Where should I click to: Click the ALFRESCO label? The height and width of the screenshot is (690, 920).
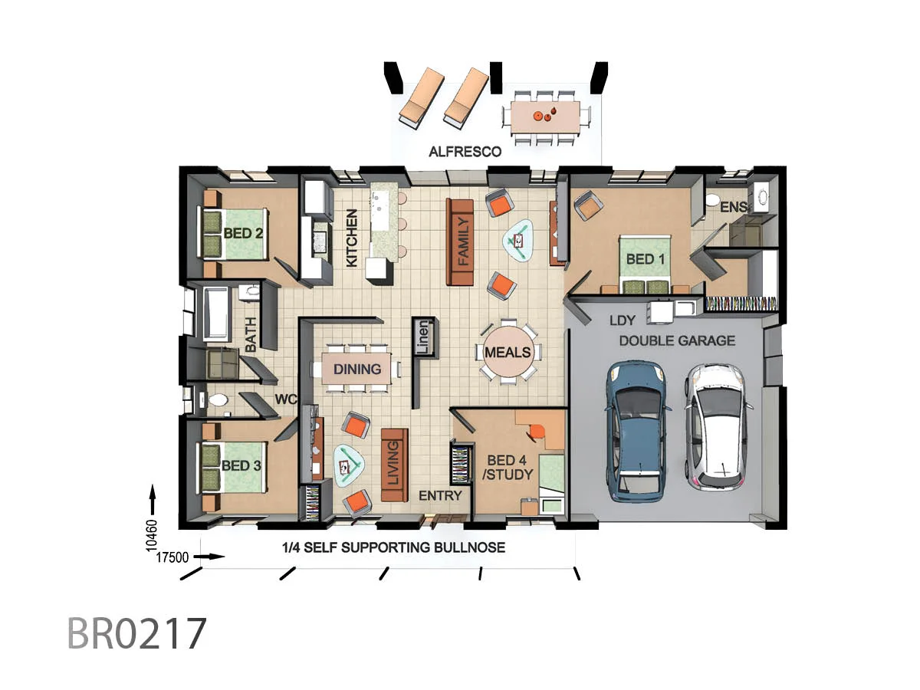(x=465, y=152)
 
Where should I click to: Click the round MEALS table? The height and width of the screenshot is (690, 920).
(x=508, y=352)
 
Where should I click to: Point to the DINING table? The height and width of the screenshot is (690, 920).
(x=357, y=369)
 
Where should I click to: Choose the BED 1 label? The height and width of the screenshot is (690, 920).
(x=646, y=259)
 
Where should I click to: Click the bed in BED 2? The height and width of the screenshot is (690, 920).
(x=234, y=232)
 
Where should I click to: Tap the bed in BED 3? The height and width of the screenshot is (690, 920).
(x=233, y=466)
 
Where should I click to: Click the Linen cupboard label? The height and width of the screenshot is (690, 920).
(x=423, y=337)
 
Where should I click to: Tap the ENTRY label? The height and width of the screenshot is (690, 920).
(x=440, y=496)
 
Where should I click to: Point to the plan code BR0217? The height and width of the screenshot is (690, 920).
(x=137, y=633)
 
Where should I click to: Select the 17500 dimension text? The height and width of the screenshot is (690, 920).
(x=172, y=558)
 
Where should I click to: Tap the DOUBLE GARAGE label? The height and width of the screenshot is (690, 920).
(x=677, y=340)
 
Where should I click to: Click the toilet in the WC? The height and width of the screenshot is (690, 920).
(x=216, y=400)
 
